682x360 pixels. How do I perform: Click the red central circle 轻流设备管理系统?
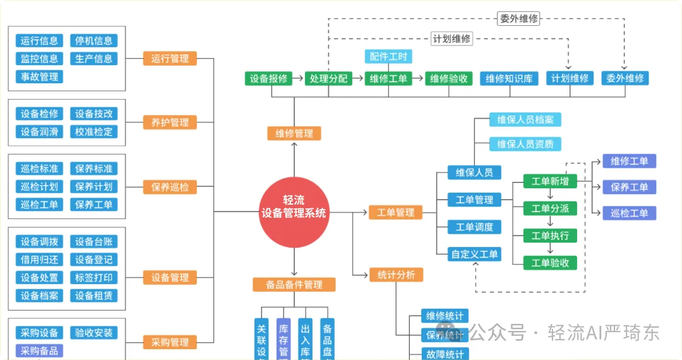click(294, 213)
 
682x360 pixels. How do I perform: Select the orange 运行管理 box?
click(170, 59)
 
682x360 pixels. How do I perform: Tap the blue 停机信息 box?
click(93, 41)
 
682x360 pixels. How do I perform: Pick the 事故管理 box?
click(39, 77)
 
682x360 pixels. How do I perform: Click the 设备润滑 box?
click(39, 132)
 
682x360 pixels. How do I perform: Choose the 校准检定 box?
click(93, 132)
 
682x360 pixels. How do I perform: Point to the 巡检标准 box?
click(39, 169)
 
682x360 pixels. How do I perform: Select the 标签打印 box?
click(93, 278)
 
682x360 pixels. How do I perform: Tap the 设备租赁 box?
click(93, 296)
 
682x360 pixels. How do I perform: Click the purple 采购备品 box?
click(39, 351)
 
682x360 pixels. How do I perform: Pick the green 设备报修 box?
click(268, 79)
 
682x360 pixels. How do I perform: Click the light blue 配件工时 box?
click(388, 57)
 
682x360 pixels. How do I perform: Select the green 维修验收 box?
click(448, 79)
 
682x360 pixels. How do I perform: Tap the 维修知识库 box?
click(508, 79)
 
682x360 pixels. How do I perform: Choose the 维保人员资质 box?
click(525, 144)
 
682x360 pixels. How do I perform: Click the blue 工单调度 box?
click(474, 227)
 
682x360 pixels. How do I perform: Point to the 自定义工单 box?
click(474, 255)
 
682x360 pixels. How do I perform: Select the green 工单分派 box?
click(550, 208)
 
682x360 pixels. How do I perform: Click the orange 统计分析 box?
click(396, 275)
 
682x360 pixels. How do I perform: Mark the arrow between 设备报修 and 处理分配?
click(297, 79)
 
